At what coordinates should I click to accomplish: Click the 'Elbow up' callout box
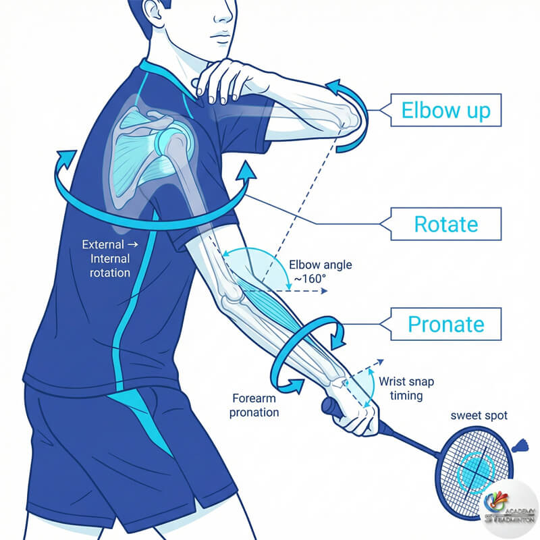pyautogui.click(x=446, y=110)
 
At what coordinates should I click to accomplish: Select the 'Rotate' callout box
pyautogui.click(x=446, y=223)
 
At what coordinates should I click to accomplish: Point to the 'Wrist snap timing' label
pyautogui.click(x=406, y=388)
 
